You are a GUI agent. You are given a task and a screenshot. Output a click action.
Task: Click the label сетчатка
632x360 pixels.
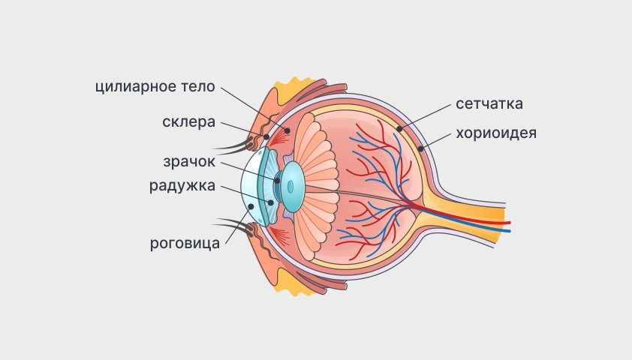[x=489, y=103]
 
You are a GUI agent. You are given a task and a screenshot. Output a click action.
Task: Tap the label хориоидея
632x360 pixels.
[x=495, y=133]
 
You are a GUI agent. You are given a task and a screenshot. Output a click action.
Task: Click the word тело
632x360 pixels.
[x=197, y=86]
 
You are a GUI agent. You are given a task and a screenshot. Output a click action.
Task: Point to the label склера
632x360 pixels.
[x=188, y=121]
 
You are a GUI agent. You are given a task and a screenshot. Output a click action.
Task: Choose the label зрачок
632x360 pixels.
[x=190, y=161]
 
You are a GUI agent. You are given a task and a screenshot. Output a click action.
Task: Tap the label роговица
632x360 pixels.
[x=185, y=242]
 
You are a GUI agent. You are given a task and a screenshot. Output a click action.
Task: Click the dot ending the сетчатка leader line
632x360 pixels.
[x=400, y=129]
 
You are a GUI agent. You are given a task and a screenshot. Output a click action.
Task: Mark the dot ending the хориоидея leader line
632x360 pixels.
[x=422, y=148]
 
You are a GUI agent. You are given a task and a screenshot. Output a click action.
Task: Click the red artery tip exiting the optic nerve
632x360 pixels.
[x=508, y=223]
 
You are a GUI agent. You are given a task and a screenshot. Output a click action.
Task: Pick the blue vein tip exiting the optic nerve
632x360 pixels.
[x=508, y=231]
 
